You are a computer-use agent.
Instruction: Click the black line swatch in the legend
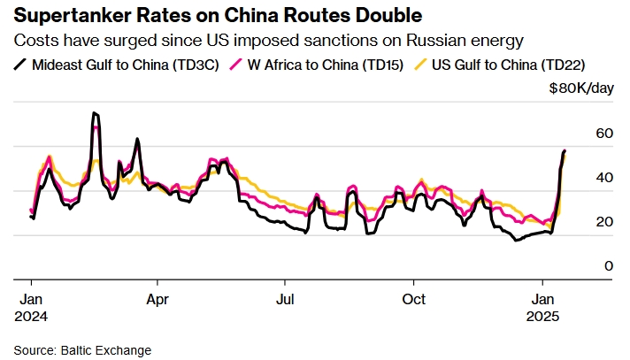(20, 65)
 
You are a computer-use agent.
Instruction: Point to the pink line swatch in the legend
(234, 65)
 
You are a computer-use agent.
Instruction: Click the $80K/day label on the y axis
(580, 88)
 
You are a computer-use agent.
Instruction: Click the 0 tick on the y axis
(585, 265)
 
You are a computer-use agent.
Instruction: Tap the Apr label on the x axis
(157, 298)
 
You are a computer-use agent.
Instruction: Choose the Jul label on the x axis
(285, 298)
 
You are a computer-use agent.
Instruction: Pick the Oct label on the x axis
(413, 298)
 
